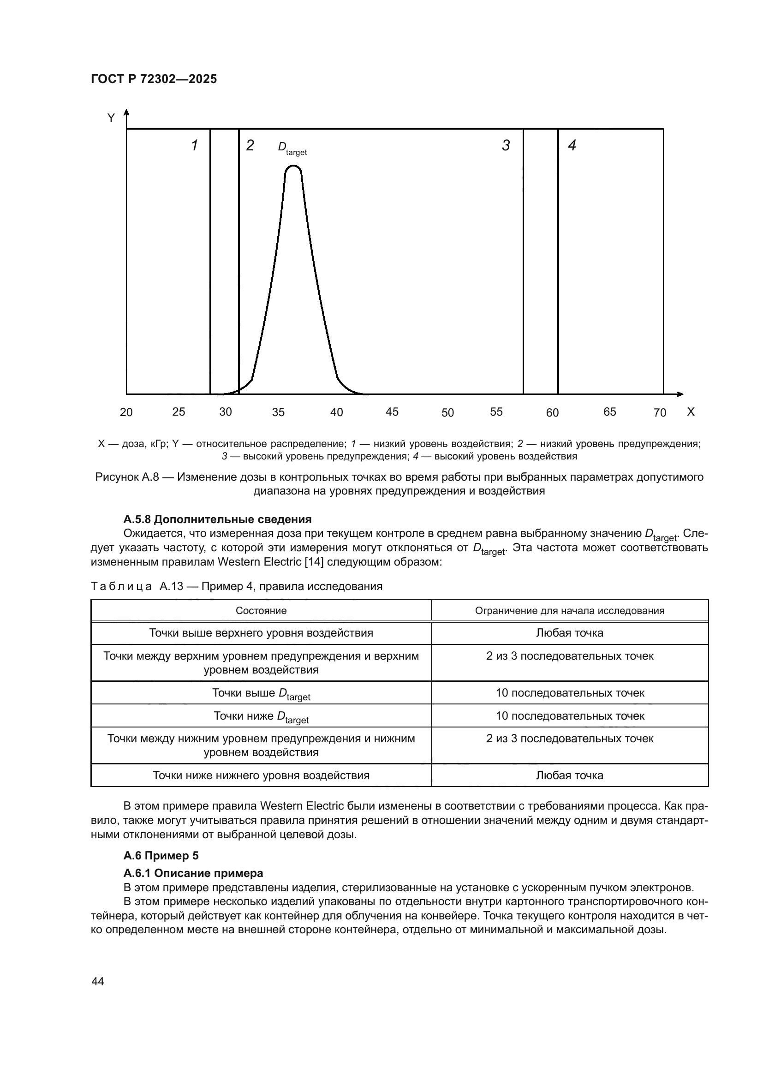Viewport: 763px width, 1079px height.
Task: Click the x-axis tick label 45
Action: (392, 411)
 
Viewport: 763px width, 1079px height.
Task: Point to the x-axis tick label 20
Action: (126, 412)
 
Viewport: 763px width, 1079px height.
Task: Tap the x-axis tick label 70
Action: (660, 412)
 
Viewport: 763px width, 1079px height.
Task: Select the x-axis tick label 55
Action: (496, 411)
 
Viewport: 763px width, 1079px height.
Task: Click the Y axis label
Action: (111, 118)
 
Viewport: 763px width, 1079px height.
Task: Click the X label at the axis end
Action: (690, 411)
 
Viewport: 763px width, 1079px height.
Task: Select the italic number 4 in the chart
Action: (572, 145)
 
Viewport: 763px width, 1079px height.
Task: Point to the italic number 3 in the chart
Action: (506, 145)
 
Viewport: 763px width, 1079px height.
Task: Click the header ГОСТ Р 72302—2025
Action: (154, 79)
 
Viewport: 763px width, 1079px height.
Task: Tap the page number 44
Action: (98, 981)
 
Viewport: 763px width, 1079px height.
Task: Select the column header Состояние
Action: (261, 610)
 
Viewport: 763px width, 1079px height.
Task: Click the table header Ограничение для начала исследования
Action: (569, 610)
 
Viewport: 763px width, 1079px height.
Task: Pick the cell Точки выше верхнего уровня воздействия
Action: (261, 632)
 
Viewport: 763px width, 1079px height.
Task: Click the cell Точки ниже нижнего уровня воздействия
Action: (261, 775)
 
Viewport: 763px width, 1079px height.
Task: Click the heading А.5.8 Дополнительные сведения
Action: (217, 519)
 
